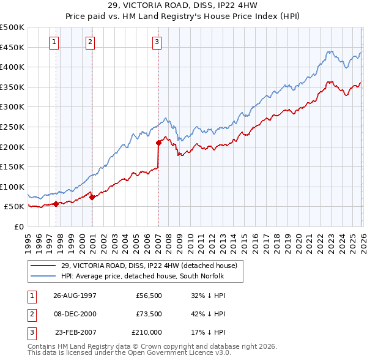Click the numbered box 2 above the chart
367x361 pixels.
[x=91, y=42]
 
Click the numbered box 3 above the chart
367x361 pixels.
[x=157, y=42]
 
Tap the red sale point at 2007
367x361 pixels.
[x=158, y=143]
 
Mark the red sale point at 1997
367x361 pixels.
[x=56, y=204]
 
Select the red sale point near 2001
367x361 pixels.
[x=92, y=197]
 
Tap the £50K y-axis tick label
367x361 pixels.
[x=15, y=207]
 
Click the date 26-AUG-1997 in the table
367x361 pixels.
[x=75, y=294]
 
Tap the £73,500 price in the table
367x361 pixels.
[x=149, y=314]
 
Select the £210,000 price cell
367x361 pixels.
[x=147, y=333]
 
